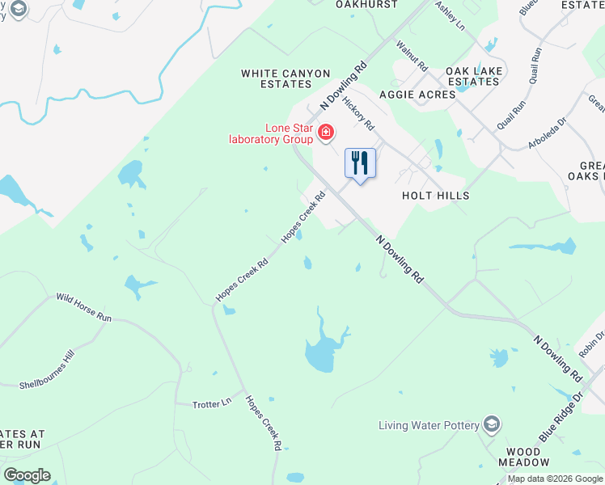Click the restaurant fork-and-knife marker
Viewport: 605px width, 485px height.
(x=360, y=163)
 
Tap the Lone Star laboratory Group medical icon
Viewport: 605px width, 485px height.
(x=325, y=132)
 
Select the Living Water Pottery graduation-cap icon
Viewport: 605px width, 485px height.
(x=491, y=424)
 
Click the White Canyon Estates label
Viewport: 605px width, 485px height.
(x=276, y=78)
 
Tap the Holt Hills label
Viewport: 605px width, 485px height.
(x=435, y=196)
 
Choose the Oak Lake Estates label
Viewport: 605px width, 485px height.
(x=474, y=76)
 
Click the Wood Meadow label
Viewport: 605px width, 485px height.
(x=523, y=457)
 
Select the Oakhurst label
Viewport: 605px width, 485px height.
(x=366, y=4)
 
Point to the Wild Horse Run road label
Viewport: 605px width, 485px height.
(x=83, y=307)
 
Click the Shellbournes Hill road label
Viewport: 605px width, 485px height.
(x=46, y=370)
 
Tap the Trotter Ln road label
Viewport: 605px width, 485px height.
(x=212, y=402)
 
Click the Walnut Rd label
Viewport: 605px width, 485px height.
(x=411, y=57)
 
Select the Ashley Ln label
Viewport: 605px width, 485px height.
(x=450, y=15)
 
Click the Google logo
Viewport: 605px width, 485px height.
(x=27, y=475)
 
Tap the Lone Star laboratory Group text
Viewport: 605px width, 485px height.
(x=269, y=133)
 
